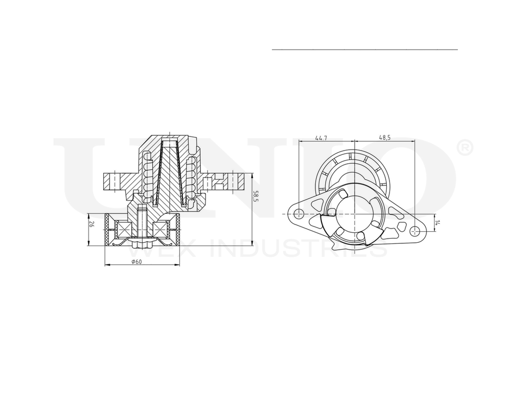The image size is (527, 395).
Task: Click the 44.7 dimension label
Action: (321, 137)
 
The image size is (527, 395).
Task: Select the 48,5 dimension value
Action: (385, 137)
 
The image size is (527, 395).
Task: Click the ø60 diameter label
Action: (136, 262)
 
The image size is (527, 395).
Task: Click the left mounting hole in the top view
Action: (299, 214)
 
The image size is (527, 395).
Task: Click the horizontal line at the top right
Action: (365, 50)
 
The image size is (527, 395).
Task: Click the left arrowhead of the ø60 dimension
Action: (107, 265)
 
